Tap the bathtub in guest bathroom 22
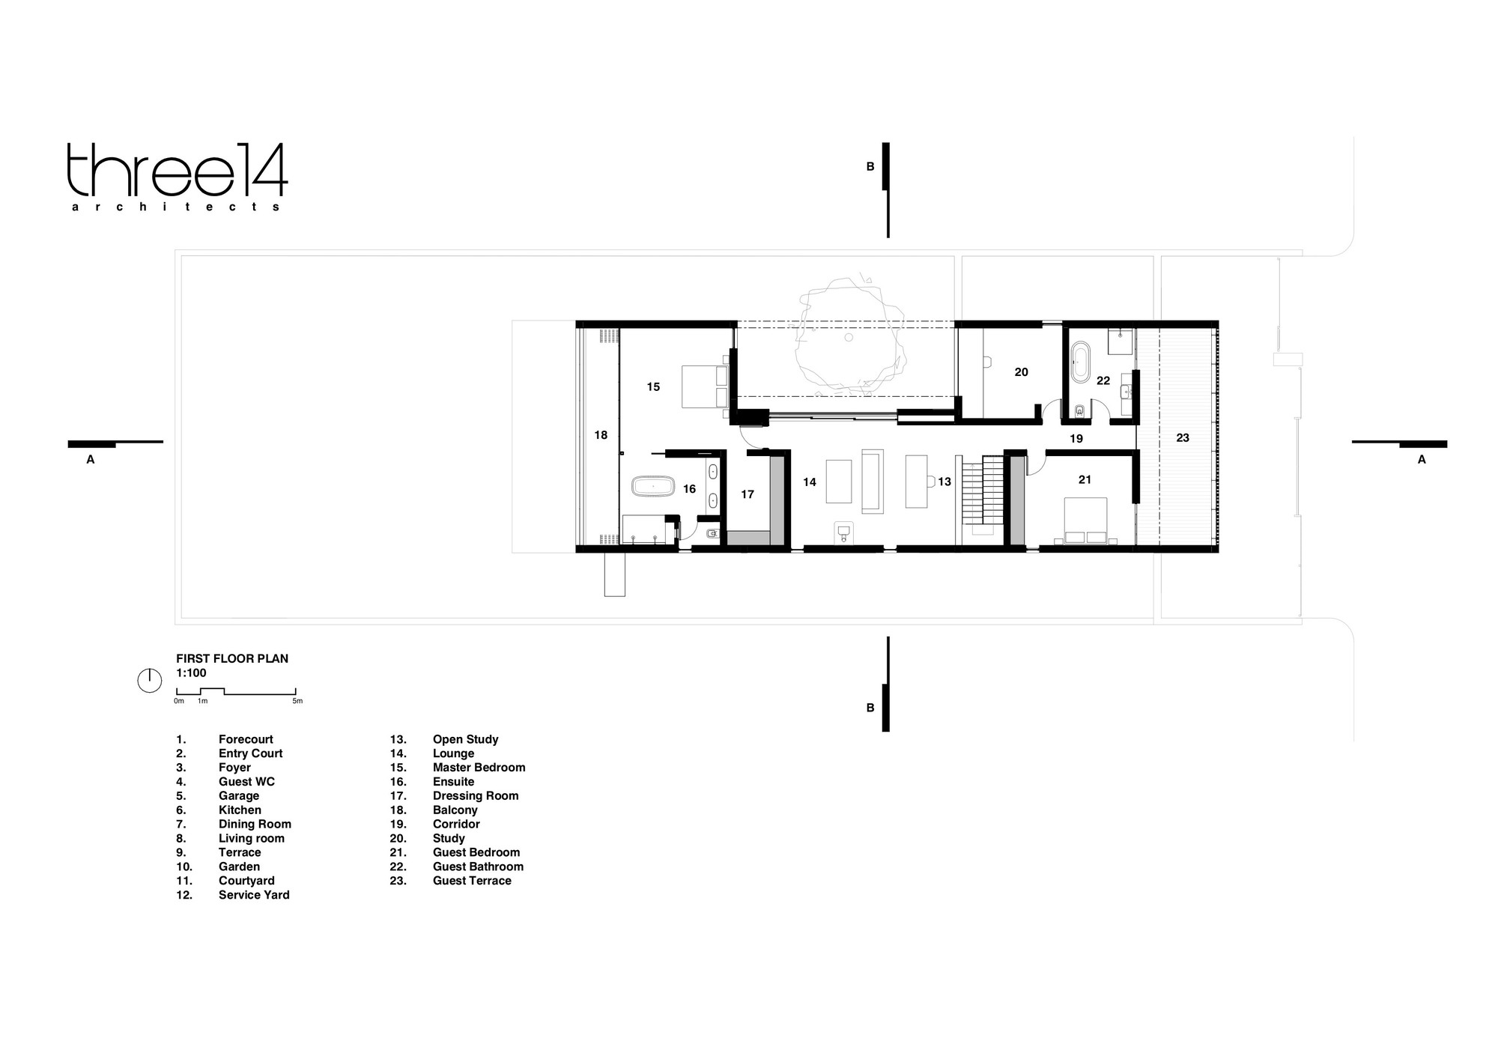click(x=1079, y=362)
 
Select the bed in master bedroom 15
click(x=705, y=386)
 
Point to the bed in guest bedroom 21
click(x=1085, y=520)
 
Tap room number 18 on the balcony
click(x=601, y=435)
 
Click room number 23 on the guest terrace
click(x=1183, y=438)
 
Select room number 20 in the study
click(x=1022, y=372)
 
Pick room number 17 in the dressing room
click(x=748, y=494)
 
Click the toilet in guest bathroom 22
click(x=1079, y=410)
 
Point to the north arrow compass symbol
click(x=150, y=680)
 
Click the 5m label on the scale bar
click(x=297, y=701)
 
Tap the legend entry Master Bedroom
click(x=479, y=768)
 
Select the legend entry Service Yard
click(x=254, y=895)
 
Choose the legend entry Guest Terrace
click(x=472, y=881)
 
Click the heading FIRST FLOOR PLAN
click(x=232, y=659)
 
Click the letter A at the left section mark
click(x=91, y=460)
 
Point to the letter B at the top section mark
click(x=870, y=167)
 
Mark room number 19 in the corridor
click(x=1076, y=439)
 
